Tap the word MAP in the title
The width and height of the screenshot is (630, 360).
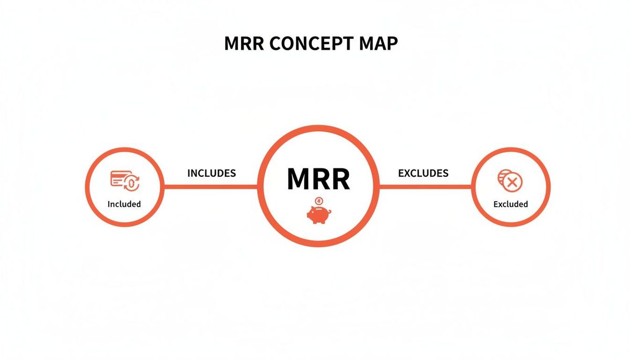tap(376, 44)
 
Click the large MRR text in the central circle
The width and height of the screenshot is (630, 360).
tap(318, 179)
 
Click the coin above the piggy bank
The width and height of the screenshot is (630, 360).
tap(319, 200)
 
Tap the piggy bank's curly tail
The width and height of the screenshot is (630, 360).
tap(309, 213)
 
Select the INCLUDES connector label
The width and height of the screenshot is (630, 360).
tap(212, 173)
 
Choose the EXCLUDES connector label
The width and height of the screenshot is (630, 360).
tap(423, 173)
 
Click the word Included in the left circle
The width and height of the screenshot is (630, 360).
tap(124, 204)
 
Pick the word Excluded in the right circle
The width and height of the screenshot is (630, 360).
tap(510, 204)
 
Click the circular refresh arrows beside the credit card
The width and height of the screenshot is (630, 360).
tap(132, 183)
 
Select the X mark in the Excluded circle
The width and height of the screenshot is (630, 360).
tap(513, 183)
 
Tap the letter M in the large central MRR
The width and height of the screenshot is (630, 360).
tap(299, 179)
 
